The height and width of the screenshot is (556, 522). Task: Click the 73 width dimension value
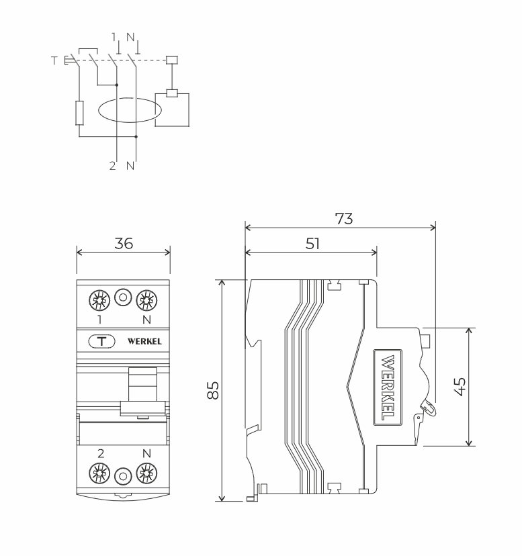344,219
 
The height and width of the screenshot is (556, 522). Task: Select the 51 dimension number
312,244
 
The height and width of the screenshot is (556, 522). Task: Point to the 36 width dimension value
124,244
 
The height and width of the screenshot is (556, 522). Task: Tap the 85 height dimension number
213,390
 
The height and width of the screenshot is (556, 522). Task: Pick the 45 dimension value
460,387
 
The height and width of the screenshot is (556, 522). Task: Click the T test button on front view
102,342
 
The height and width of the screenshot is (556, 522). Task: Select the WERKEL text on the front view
144,342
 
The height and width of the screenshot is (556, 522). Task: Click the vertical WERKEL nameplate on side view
388,387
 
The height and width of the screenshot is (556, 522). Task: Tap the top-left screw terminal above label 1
99,300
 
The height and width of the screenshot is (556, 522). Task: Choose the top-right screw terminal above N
146,300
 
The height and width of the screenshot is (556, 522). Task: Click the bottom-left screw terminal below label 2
99,473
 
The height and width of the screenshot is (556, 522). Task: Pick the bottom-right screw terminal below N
146,473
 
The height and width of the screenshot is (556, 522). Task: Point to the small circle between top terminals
123,297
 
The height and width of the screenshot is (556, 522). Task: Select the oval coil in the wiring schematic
130,110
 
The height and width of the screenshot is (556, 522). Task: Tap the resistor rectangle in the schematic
79,113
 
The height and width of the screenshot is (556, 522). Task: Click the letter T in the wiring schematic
54,60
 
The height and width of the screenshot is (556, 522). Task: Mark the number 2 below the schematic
112,166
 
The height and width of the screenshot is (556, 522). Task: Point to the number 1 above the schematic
114,36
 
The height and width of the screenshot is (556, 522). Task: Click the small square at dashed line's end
172,60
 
